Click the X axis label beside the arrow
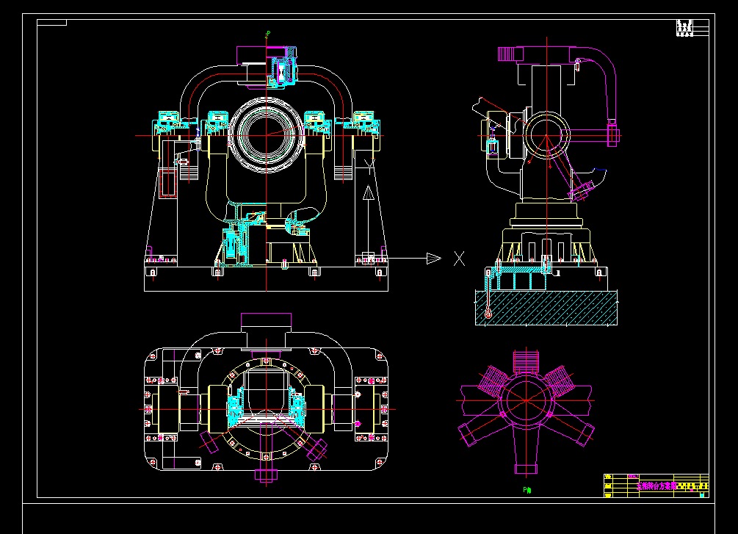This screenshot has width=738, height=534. pos(460,258)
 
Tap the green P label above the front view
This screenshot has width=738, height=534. pos(268,33)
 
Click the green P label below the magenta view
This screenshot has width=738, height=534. pos(527,489)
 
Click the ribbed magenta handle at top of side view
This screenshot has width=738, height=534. pos(510,52)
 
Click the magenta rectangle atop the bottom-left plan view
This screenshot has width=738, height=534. pos(267,321)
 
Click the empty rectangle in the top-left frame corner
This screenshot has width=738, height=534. pos(51,23)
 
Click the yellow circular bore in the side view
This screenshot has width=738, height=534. pos(546,137)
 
